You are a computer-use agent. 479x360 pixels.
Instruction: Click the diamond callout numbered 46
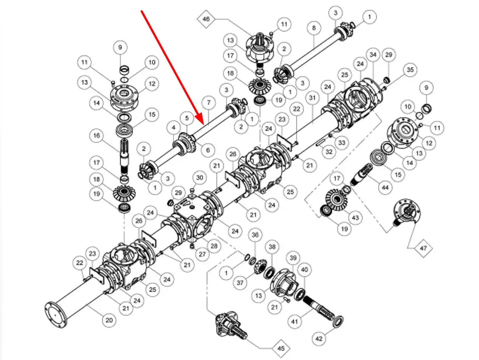tap(206, 19)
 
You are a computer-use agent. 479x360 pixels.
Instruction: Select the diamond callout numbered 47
tap(423, 248)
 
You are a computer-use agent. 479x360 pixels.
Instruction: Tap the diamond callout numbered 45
tap(281, 349)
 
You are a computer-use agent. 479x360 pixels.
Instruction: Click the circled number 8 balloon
tap(314, 28)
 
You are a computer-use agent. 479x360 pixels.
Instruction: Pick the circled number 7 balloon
tap(208, 102)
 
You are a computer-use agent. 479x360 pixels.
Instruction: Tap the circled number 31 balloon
tap(313, 98)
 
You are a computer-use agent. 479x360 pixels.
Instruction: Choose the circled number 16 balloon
tap(96, 135)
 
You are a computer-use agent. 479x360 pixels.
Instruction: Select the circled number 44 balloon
tap(385, 187)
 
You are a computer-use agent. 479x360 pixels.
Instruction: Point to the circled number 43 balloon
tap(355, 217)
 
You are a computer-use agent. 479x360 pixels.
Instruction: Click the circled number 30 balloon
tap(199, 177)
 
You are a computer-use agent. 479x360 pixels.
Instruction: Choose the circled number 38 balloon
tap(272, 246)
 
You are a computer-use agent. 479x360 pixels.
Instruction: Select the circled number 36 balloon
tap(255, 235)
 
